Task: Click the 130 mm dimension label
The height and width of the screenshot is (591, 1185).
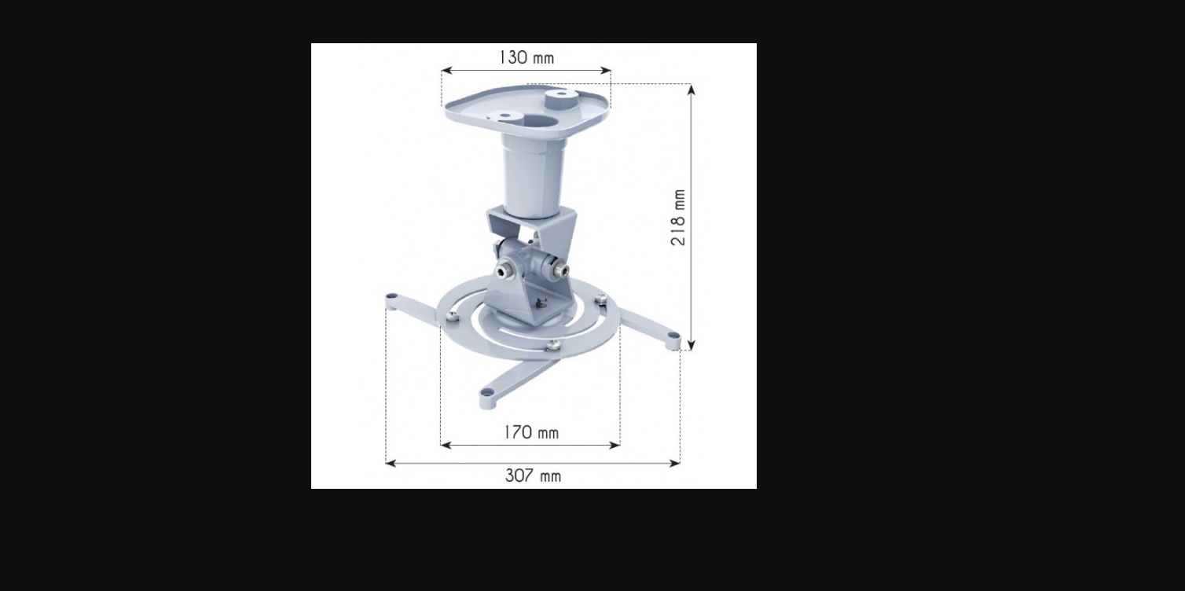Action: [x=527, y=57]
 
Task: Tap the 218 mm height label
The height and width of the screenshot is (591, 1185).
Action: [x=678, y=218]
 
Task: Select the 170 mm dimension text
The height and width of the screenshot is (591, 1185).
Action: [x=530, y=433]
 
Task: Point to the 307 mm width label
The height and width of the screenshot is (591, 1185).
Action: [x=533, y=475]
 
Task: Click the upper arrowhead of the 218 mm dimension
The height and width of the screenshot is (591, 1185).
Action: [x=692, y=90]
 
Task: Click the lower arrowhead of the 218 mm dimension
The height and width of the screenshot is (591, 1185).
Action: [x=692, y=344]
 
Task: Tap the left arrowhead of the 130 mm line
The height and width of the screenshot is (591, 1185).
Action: [x=447, y=71]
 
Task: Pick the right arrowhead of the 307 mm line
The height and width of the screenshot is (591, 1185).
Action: [x=674, y=464]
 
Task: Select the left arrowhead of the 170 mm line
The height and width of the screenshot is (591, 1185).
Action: [x=446, y=446]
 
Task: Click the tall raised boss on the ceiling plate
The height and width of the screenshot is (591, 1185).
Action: [x=561, y=99]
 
